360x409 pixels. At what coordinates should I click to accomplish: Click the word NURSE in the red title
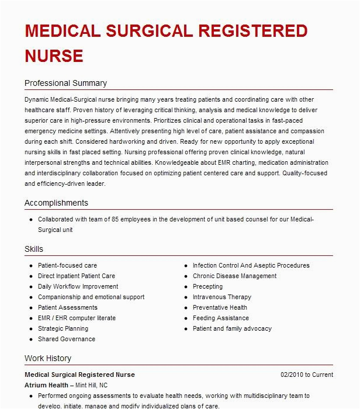coord(54,56)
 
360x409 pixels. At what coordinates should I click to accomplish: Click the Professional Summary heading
coord(65,83)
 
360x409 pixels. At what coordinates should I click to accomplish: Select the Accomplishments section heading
coord(56,203)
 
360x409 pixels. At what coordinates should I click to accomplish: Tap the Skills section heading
coord(34,249)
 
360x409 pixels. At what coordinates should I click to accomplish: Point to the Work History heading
coord(48,358)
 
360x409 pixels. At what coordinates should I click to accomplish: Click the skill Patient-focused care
coord(67,265)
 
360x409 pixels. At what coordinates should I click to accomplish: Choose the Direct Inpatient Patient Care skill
coord(77,276)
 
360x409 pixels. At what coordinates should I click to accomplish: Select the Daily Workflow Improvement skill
coord(78,286)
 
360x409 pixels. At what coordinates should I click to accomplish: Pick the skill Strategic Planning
coord(63,328)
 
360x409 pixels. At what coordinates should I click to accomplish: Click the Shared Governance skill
coord(67,339)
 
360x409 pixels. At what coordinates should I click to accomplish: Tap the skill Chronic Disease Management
coord(234,276)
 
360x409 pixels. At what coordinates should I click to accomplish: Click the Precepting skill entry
coord(207,286)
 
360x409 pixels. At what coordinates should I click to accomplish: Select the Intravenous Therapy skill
coord(221,297)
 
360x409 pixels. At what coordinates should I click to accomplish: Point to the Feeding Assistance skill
coord(220,318)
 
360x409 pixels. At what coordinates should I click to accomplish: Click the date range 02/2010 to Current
coord(306,375)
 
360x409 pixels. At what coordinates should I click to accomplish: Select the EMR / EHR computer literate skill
coord(77,318)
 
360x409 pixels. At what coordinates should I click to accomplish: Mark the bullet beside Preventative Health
coord(185,307)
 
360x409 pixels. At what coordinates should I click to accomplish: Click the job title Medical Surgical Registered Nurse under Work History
coord(79,375)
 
